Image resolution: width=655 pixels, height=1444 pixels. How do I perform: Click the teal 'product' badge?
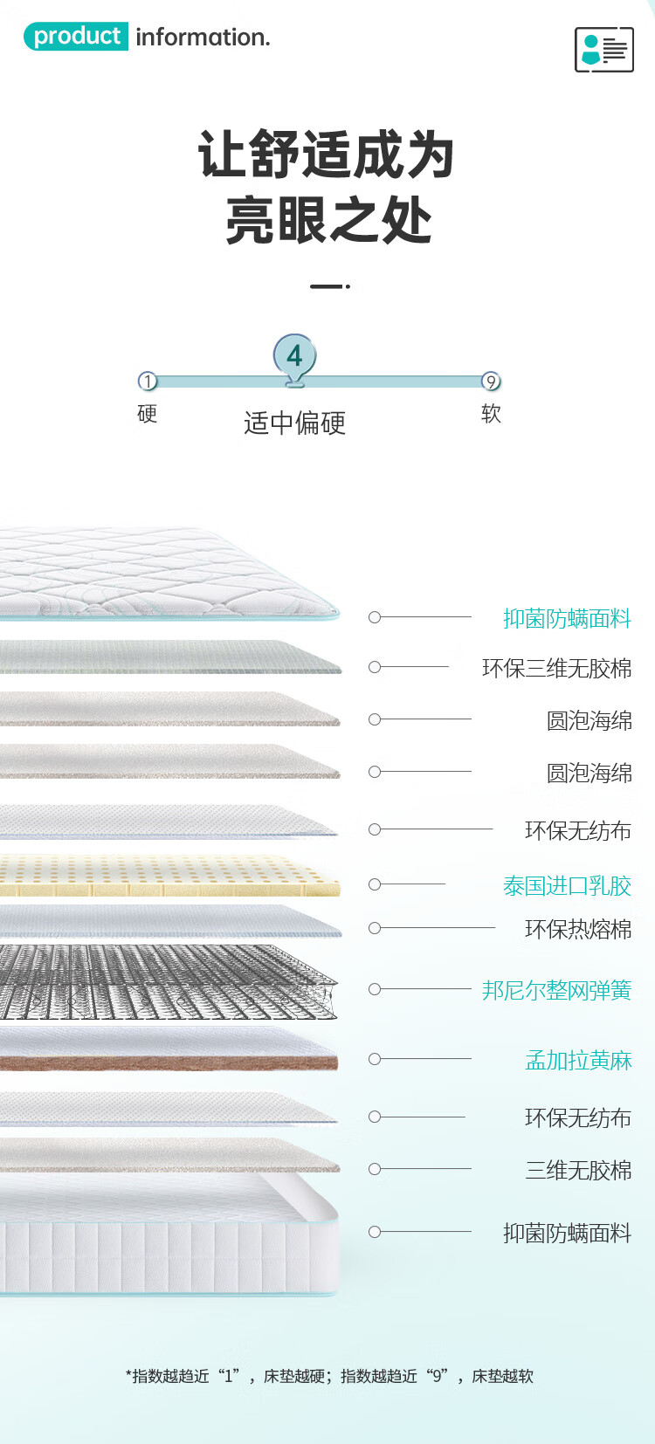76,37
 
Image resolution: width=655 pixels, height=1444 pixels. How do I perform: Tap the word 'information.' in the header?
203,38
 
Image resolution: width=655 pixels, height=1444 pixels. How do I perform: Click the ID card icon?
603,49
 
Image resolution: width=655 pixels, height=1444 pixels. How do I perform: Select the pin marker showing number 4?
294,356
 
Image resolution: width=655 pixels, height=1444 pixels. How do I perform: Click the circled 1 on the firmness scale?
148,382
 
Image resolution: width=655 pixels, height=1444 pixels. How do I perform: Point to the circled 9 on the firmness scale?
491,382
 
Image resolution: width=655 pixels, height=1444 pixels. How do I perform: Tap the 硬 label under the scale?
147,414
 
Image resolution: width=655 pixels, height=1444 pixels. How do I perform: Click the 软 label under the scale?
491,413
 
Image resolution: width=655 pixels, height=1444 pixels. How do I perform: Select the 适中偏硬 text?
294,423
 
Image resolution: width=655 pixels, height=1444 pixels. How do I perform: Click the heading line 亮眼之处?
328,220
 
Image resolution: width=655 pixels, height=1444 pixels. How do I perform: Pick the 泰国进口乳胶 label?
567,885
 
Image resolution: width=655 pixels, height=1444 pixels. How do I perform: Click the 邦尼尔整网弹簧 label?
556,990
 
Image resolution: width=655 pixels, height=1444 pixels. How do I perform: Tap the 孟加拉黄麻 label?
578,1060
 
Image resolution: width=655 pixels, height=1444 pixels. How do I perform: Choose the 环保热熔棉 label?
578,929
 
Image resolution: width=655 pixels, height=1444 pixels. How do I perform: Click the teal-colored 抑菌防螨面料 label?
567,618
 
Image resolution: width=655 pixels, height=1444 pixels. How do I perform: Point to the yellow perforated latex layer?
166,876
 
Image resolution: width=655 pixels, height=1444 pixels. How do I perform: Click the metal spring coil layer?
166,982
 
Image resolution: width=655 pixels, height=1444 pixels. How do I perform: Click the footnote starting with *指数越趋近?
329,1376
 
